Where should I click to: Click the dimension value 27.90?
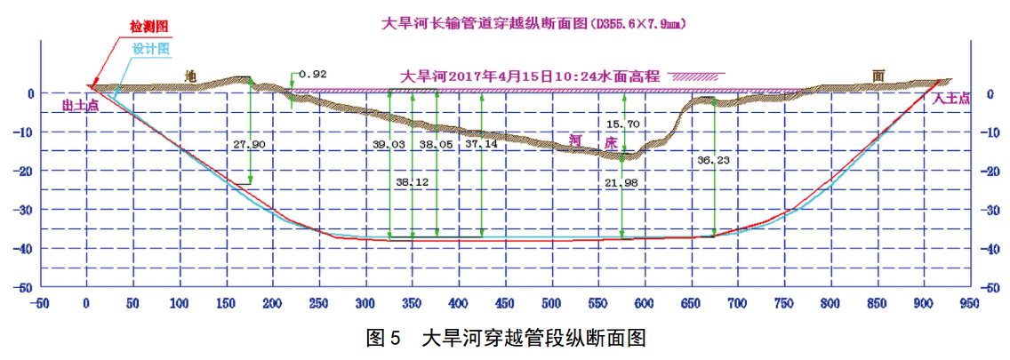coord(250,143)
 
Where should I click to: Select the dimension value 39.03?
coord(388,143)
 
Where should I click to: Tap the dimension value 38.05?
coord(436,143)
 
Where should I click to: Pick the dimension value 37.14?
coord(481,143)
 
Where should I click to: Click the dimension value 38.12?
coord(411,182)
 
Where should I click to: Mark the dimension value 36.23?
coord(716,161)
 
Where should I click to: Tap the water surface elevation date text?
coord(530,76)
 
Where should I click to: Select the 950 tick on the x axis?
coord(970,303)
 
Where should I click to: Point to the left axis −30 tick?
coord(25,210)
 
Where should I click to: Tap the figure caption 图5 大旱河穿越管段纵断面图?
coord(504,339)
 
